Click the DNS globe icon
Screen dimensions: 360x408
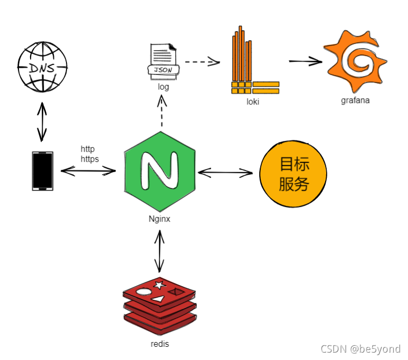[43, 67]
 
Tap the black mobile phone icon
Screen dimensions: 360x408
[42, 170]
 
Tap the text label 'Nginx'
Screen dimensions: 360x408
[159, 219]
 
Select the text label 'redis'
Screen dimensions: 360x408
[159, 344]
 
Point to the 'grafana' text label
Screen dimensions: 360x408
[355, 100]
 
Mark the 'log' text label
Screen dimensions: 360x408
[163, 87]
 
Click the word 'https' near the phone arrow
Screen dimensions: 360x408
[90, 158]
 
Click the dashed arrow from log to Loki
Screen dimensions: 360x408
[202, 62]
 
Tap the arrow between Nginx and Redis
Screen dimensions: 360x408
[159, 251]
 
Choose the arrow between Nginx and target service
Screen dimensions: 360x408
[225, 173]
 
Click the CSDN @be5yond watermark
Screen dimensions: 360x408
[360, 349]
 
